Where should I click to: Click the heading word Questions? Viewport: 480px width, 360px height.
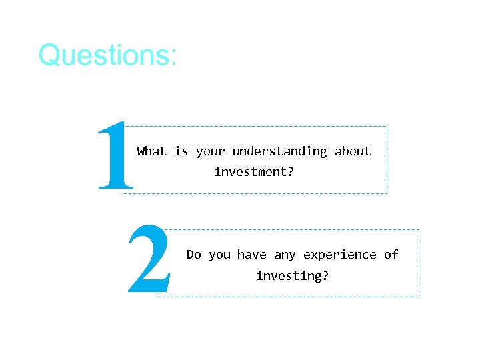click(x=105, y=55)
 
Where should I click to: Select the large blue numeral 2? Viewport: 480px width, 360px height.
click(x=149, y=260)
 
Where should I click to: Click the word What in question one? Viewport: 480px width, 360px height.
click(x=151, y=151)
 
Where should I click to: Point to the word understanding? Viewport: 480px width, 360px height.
click(x=280, y=151)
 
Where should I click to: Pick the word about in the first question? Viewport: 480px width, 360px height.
click(x=353, y=151)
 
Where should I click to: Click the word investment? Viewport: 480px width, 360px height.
click(x=250, y=172)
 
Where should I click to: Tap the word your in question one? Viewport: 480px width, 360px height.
click(x=210, y=152)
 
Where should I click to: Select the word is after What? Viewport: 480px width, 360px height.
click(x=181, y=151)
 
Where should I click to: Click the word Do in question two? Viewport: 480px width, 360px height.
click(x=193, y=255)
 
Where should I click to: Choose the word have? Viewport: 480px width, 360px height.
click(x=252, y=255)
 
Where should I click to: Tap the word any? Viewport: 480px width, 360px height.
click(x=285, y=255)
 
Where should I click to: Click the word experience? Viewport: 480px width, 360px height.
click(x=340, y=255)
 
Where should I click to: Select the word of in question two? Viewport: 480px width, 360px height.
click(x=391, y=255)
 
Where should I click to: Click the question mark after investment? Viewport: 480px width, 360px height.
click(x=291, y=172)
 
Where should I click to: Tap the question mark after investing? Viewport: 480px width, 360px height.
click(x=326, y=275)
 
